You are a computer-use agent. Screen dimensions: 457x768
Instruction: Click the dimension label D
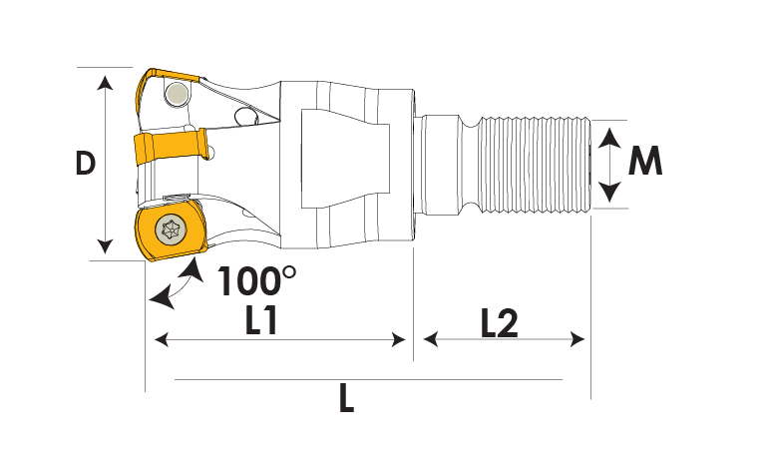(x=86, y=163)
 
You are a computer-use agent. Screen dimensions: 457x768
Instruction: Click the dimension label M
(x=646, y=161)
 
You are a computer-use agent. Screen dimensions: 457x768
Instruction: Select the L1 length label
(x=260, y=319)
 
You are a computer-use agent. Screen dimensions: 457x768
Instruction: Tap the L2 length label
(x=499, y=322)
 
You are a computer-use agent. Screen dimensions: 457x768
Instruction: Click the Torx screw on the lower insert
(x=170, y=228)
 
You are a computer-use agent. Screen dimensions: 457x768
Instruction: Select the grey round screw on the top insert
(x=178, y=95)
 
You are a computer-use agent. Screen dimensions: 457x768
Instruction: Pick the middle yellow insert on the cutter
(x=170, y=148)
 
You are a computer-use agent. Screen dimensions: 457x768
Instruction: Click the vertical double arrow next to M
(x=606, y=164)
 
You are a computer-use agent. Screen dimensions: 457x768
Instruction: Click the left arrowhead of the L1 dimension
(x=159, y=340)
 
